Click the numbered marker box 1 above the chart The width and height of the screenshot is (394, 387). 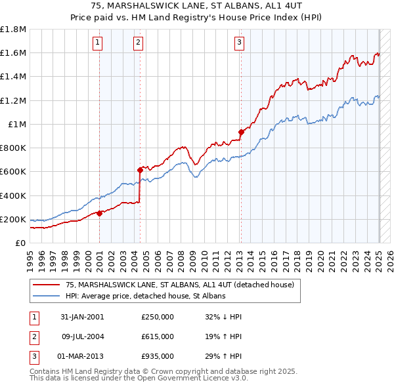(97, 43)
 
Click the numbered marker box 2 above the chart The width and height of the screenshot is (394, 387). (139, 43)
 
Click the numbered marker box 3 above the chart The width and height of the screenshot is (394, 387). (239, 43)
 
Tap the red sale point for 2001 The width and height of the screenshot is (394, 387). (99, 213)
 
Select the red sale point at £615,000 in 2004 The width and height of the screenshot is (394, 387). (140, 170)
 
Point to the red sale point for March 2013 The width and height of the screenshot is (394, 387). (240, 132)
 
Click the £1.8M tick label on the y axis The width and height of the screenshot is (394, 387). (13, 29)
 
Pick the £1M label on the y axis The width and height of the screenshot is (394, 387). (17, 124)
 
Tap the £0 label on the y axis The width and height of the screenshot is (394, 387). (21, 243)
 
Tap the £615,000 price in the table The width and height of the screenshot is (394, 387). (158, 336)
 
